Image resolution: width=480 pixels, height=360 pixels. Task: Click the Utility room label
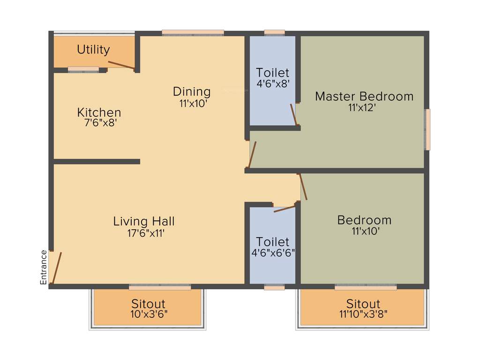coord(93,50)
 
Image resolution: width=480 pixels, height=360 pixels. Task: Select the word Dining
coord(192,91)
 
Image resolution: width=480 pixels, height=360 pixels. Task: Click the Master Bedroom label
coord(364,97)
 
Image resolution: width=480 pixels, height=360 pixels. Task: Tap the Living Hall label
coord(144,221)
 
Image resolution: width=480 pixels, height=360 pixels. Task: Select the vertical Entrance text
coord(44,267)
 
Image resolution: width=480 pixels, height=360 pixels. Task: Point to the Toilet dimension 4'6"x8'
coord(273,84)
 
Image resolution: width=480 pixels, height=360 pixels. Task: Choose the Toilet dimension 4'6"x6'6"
coord(273,253)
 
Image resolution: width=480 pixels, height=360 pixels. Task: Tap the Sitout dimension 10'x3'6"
coord(148,315)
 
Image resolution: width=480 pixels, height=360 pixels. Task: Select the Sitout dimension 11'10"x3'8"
coord(363,315)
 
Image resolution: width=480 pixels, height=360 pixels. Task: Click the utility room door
coord(121,66)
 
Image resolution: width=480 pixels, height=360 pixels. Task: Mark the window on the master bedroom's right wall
coord(427,129)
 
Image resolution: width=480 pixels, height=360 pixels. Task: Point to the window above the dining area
coord(193,33)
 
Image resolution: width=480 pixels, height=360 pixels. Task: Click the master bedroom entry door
coord(252,155)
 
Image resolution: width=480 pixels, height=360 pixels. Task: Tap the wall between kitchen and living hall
coord(97,162)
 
